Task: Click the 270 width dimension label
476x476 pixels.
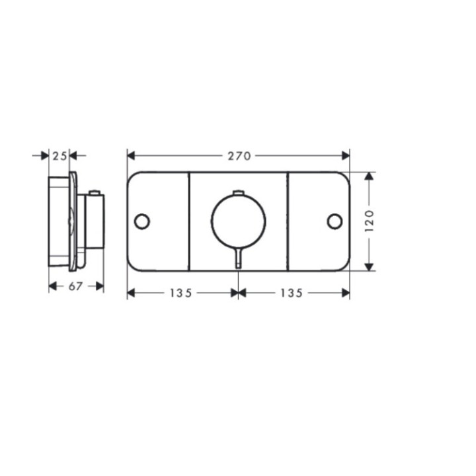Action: click(239, 156)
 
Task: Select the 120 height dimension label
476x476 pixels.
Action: click(369, 221)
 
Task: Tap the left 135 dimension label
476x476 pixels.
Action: click(180, 293)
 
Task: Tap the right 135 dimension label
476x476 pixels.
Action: click(291, 293)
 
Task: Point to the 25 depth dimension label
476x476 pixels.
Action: click(59, 156)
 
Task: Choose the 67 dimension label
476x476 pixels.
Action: click(75, 286)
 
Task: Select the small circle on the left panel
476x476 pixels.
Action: click(141, 221)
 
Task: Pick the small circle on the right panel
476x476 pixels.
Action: click(335, 221)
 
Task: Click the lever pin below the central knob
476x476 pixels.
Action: click(239, 258)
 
